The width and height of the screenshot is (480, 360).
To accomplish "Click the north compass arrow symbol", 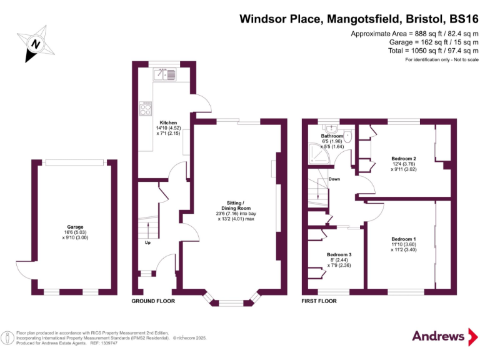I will pyautogui.click(x=36, y=43).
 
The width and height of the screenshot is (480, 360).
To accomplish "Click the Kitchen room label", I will pyautogui.click(x=168, y=122).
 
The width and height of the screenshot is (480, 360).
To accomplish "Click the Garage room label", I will pyautogui.click(x=75, y=227).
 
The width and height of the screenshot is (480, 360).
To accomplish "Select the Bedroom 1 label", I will pyautogui.click(x=403, y=239).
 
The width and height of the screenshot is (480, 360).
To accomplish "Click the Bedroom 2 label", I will pyautogui.click(x=403, y=158).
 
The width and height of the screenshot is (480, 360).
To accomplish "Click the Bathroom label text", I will pyautogui.click(x=332, y=136).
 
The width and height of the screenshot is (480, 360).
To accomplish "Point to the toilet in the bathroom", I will pyautogui.click(x=348, y=139).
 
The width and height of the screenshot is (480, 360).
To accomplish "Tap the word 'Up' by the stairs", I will pyautogui.click(x=147, y=242).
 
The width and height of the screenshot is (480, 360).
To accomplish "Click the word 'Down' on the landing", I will pyautogui.click(x=334, y=179).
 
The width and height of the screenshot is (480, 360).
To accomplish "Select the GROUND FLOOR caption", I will pyautogui.click(x=153, y=301).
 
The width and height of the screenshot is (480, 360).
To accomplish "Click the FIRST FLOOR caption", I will pyautogui.click(x=319, y=301).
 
